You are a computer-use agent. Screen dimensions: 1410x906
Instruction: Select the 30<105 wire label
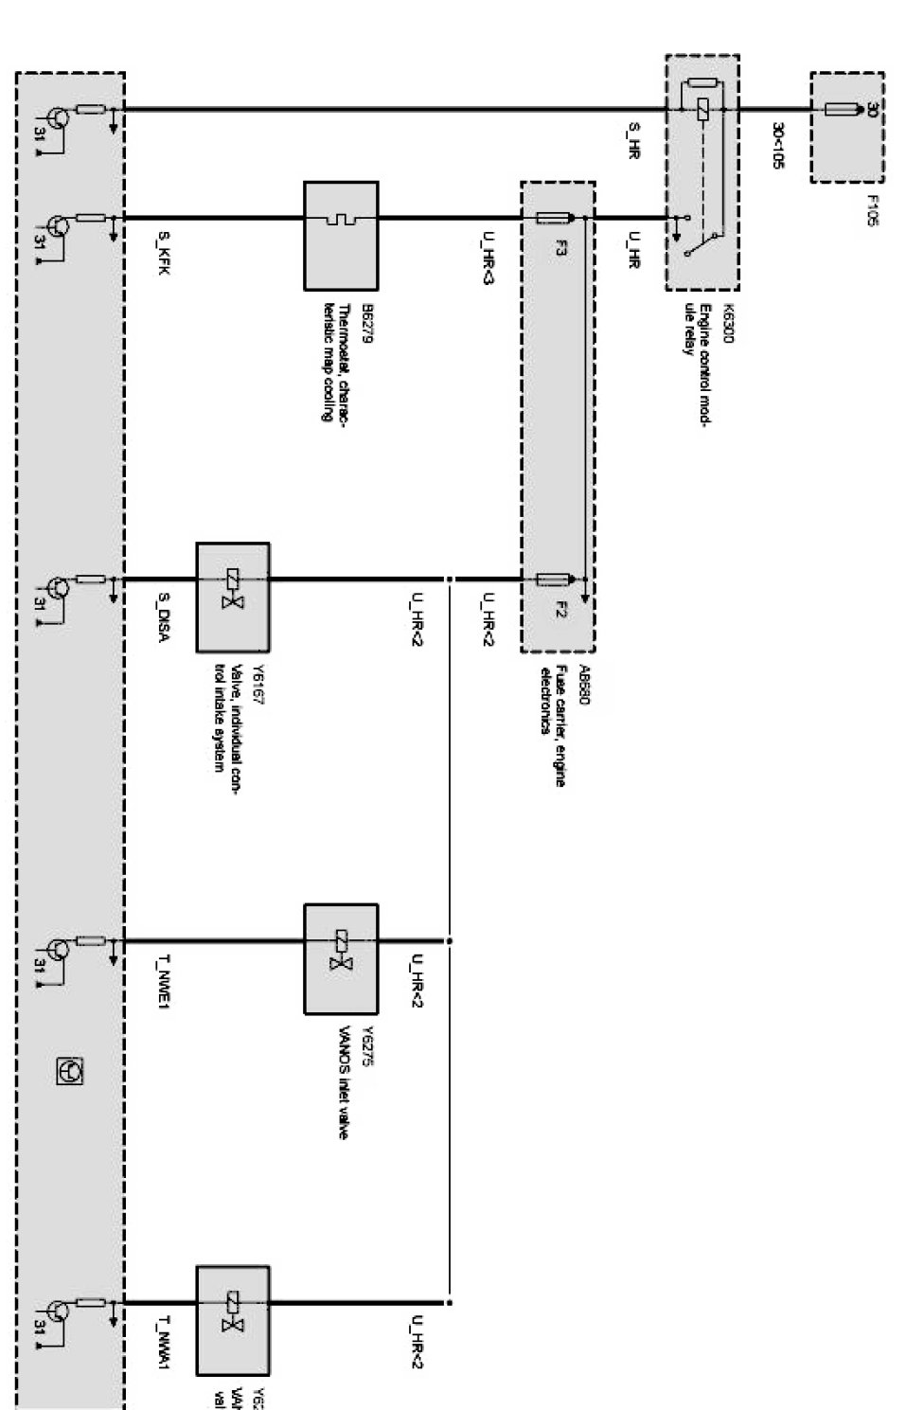point(777,144)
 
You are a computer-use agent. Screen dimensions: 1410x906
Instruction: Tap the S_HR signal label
point(633,139)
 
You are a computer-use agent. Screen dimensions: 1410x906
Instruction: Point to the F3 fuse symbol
point(552,219)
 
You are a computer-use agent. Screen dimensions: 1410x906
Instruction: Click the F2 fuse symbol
point(552,579)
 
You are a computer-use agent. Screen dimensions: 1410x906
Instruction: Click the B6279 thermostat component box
point(341,236)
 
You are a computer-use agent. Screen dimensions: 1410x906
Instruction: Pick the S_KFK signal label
point(164,255)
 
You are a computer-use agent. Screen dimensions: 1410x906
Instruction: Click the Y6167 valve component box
point(233,597)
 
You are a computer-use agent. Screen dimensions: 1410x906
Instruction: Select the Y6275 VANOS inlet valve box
point(341,958)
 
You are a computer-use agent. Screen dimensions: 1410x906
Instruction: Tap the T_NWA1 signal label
point(164,1345)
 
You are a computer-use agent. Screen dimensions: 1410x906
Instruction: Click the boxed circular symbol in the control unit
point(71,1071)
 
